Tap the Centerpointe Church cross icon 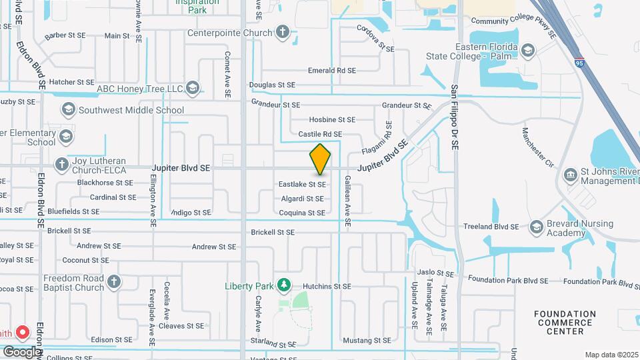(283, 32)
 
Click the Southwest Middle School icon (68, 110)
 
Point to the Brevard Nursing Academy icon (536, 227)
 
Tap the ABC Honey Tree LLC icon (193, 89)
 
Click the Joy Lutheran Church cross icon (62, 164)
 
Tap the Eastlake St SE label (302, 183)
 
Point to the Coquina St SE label (302, 213)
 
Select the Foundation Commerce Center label (565, 322)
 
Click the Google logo (22, 351)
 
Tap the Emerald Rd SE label (331, 70)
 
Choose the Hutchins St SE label (327, 286)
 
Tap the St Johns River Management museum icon (571, 175)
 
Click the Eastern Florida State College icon (528, 51)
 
